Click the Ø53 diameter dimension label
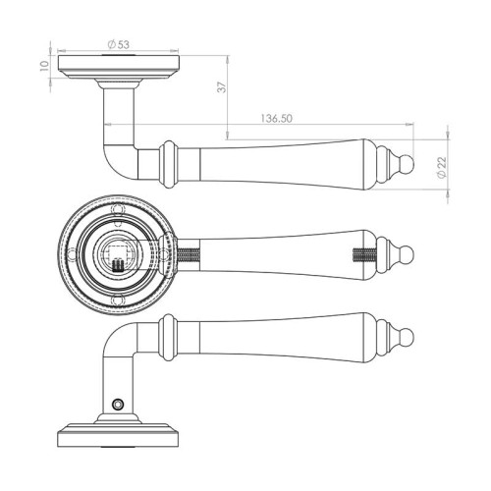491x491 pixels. (119, 44)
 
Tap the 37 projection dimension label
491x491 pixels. (222, 87)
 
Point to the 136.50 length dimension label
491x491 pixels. (276, 119)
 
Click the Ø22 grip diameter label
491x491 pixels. (442, 167)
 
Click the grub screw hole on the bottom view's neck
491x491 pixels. (117, 405)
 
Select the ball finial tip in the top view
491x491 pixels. (408, 163)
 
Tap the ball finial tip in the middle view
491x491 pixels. (408, 254)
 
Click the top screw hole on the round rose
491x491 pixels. (118, 209)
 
